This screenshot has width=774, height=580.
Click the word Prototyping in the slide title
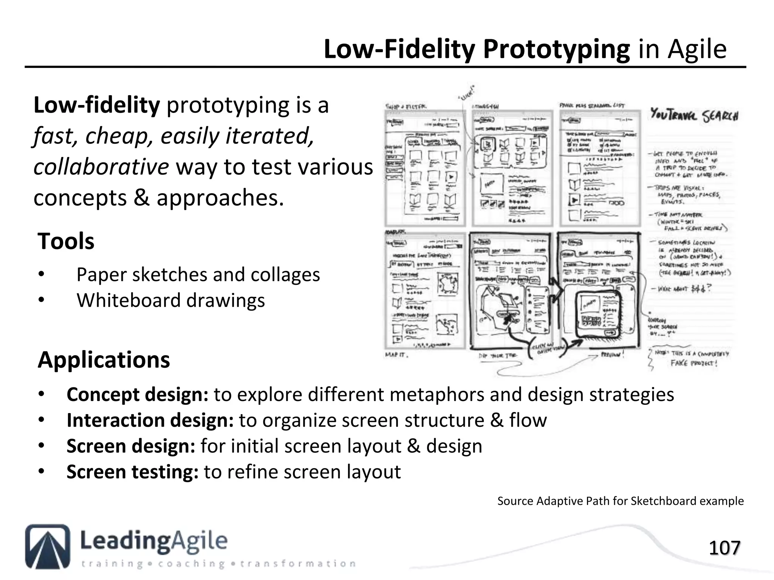pyautogui.click(x=556, y=49)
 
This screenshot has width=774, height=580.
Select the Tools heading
pyautogui.click(x=66, y=241)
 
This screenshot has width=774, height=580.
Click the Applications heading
pyautogui.click(x=104, y=359)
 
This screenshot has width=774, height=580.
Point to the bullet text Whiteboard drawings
pyautogui.click(x=170, y=301)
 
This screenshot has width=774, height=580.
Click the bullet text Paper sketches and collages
pyautogui.click(x=198, y=275)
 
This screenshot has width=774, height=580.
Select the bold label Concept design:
pyautogui.click(x=137, y=395)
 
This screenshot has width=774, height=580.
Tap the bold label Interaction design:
pyautogui.click(x=150, y=420)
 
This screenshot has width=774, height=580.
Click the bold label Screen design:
pyautogui.click(x=131, y=446)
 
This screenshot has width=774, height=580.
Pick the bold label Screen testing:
pyautogui.click(x=132, y=472)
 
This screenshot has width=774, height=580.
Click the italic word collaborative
pyautogui.click(x=101, y=167)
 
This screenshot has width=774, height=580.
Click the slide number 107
pyautogui.click(x=724, y=548)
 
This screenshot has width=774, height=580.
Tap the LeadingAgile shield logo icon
pyautogui.click(x=48, y=546)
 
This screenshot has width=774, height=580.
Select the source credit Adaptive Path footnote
pyautogui.click(x=620, y=501)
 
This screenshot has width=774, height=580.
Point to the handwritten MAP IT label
pyautogui.click(x=396, y=355)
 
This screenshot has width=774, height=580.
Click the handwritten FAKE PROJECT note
pyautogui.click(x=694, y=363)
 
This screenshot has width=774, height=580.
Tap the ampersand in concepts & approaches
pyautogui.click(x=141, y=198)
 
